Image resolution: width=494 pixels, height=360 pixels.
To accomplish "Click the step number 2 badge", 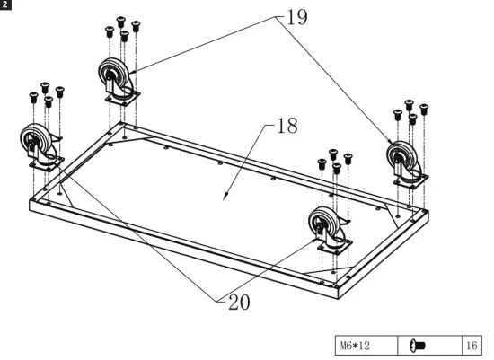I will tap(5, 5).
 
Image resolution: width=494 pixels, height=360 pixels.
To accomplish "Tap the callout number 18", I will tap(286, 127).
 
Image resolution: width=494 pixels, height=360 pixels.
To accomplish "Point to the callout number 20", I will tap(238, 302).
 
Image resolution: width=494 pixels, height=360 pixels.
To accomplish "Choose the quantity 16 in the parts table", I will tap(472, 345).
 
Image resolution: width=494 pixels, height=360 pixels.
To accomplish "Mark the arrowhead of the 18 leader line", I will tap(225, 197).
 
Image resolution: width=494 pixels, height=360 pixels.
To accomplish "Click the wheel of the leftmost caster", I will tap(35, 141).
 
